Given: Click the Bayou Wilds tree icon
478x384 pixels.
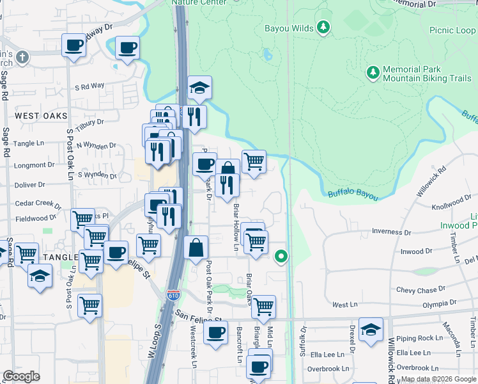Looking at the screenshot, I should click(x=324, y=27).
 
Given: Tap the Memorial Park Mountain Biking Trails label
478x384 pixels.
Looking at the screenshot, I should click(x=426, y=74).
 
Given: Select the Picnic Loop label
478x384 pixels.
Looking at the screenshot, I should click(x=452, y=30).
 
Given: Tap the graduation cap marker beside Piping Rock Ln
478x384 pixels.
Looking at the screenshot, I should click(x=371, y=329).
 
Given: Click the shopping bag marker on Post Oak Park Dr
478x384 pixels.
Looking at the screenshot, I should click(x=196, y=247).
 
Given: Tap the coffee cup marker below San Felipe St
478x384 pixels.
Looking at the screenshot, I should click(x=215, y=332).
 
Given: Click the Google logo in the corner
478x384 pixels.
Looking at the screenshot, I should click(x=21, y=376).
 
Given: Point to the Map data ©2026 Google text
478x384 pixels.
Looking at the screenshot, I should click(x=438, y=379).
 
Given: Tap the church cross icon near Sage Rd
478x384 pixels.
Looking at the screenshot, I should click(x=22, y=58).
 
